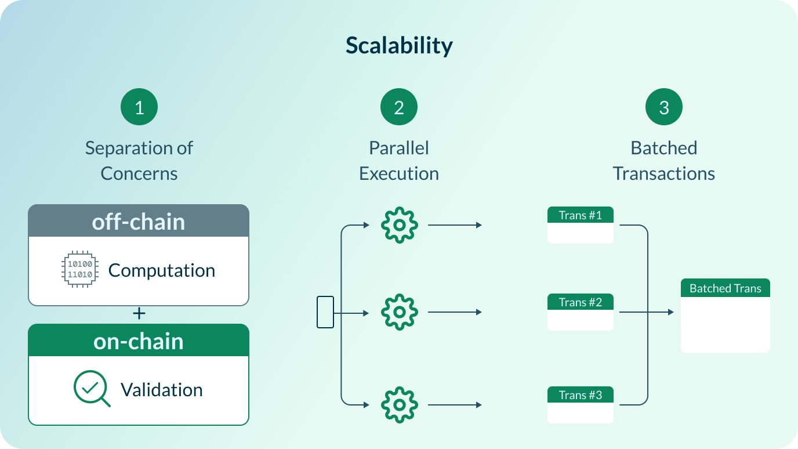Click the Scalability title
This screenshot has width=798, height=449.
399,45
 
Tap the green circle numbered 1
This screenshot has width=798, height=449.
139,107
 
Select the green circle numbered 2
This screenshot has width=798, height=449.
399,107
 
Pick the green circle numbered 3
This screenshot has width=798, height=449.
664,107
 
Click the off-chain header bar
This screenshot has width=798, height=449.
139,221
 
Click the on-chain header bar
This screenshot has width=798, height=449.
139,341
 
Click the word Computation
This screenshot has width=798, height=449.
161,270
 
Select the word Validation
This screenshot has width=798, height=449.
161,389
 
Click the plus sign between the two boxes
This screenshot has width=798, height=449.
139,314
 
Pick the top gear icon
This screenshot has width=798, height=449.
399,225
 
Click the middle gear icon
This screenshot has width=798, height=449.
399,312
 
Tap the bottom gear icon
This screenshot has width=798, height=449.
399,404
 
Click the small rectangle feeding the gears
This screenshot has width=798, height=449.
325,312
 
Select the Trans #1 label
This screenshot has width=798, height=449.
580,216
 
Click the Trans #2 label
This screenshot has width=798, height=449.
580,302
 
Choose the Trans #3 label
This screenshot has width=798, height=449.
580,395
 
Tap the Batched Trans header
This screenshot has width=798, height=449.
725,288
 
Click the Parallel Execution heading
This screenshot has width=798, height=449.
399,161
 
